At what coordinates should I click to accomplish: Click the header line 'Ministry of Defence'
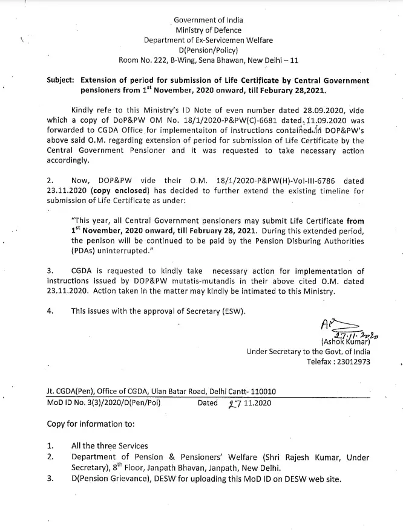click(x=208, y=30)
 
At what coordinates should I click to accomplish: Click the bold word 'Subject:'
click(x=62, y=81)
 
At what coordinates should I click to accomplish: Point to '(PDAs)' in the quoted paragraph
click(x=85, y=251)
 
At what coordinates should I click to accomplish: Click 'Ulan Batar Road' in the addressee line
click(x=175, y=391)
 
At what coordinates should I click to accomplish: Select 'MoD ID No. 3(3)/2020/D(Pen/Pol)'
click(x=103, y=402)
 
